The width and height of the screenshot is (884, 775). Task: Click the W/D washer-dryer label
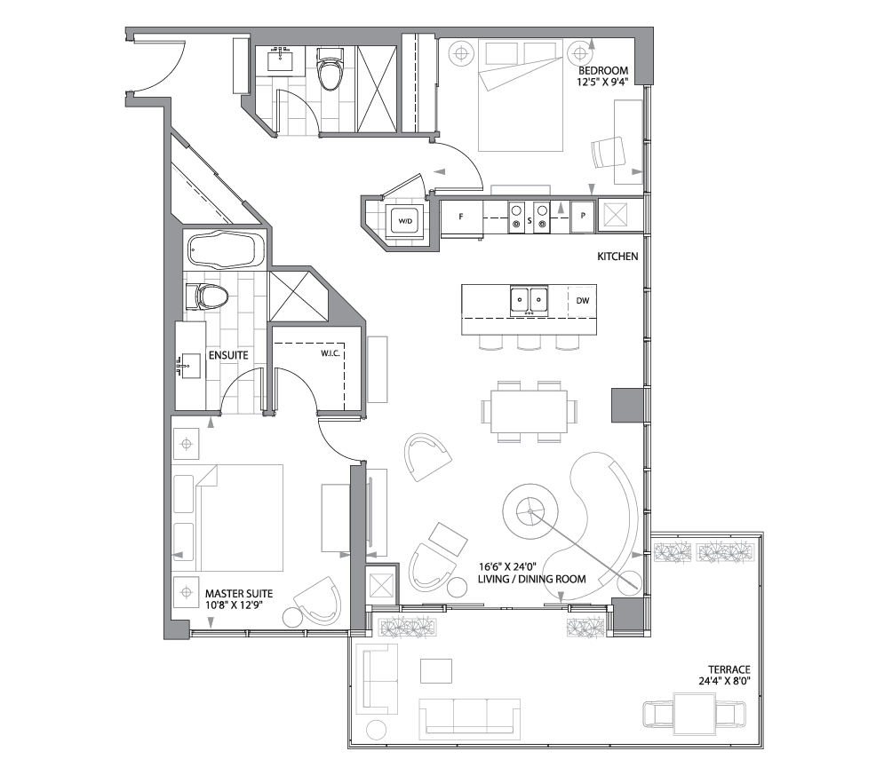(404, 219)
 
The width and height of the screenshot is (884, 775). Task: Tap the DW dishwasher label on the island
(583, 300)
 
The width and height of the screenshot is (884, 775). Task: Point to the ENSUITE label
(227, 355)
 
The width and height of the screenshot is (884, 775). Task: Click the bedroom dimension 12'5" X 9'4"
(603, 84)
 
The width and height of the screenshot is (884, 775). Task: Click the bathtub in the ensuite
(225, 249)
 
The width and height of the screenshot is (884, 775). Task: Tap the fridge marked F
(461, 216)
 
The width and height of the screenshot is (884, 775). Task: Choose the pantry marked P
(583, 216)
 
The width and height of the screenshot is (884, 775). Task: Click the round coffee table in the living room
(530, 511)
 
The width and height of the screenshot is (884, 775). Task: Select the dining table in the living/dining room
(529, 412)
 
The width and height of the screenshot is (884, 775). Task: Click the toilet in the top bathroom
(331, 71)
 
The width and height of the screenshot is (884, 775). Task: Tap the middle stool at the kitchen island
(529, 342)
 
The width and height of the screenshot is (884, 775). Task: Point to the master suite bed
(240, 518)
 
